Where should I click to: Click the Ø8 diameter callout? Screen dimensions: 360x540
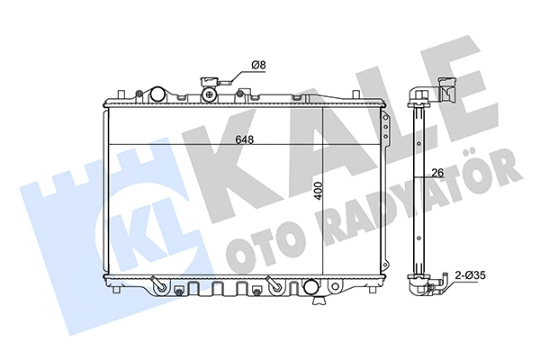tap(256, 65)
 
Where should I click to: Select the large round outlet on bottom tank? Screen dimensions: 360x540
tap(312, 288)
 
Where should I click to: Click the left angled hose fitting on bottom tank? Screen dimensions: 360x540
tap(159, 284)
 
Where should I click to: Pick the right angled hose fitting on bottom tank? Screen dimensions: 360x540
tap(277, 284)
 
